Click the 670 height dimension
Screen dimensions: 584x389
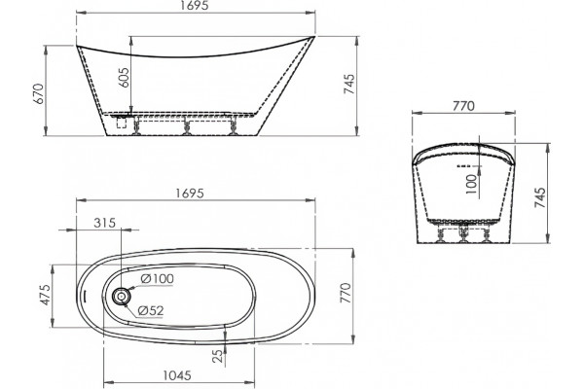click(40, 93)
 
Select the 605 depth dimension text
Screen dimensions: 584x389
click(125, 78)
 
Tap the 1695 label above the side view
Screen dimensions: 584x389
click(195, 5)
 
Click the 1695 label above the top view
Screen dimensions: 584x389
click(190, 194)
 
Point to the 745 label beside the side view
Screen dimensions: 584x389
click(349, 85)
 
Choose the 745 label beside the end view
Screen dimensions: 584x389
click(539, 197)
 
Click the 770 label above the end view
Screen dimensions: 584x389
click(463, 106)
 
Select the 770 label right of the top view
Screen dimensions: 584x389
click(346, 294)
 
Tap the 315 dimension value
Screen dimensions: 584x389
click(105, 223)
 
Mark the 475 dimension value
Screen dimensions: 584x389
click(46, 295)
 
